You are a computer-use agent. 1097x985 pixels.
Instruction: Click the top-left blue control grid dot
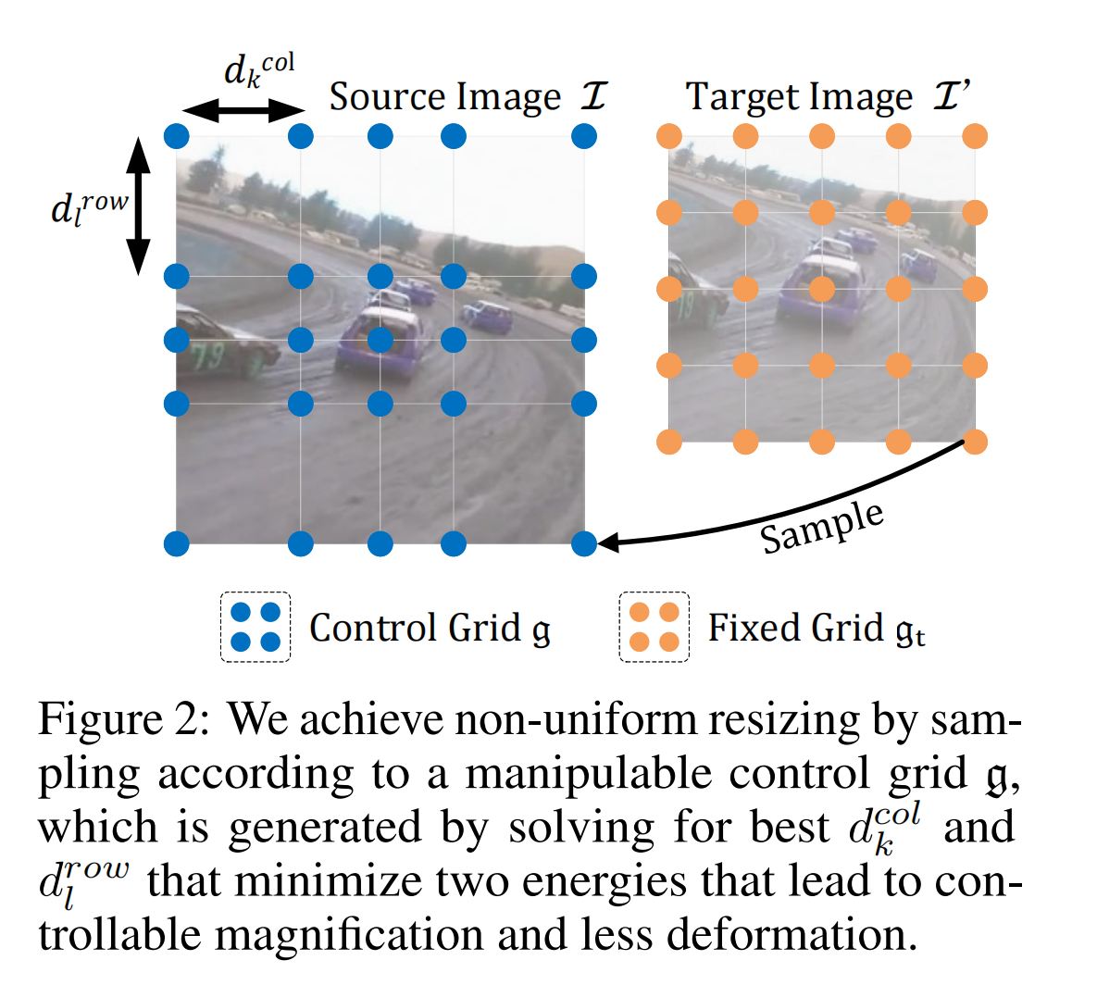[177, 137]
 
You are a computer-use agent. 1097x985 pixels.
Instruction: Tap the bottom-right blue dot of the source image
[584, 543]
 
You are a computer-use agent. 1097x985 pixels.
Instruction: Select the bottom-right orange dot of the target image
[975, 443]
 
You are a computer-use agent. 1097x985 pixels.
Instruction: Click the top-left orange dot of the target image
[669, 137]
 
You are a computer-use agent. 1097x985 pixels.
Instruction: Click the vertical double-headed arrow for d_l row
[138, 206]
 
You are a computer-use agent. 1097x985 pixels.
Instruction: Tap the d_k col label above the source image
[258, 70]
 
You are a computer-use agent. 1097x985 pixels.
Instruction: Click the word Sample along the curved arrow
[821, 527]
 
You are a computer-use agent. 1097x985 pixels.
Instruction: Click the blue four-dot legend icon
[256, 628]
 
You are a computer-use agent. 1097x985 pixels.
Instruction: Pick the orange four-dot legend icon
[654, 628]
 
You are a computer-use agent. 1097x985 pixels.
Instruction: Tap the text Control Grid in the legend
[415, 628]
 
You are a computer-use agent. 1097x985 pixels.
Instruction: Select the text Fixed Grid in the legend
[795, 628]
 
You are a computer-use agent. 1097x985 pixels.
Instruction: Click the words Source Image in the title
[445, 97]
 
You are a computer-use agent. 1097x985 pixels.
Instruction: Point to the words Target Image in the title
[799, 97]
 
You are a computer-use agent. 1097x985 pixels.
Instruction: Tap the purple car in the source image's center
[379, 343]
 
